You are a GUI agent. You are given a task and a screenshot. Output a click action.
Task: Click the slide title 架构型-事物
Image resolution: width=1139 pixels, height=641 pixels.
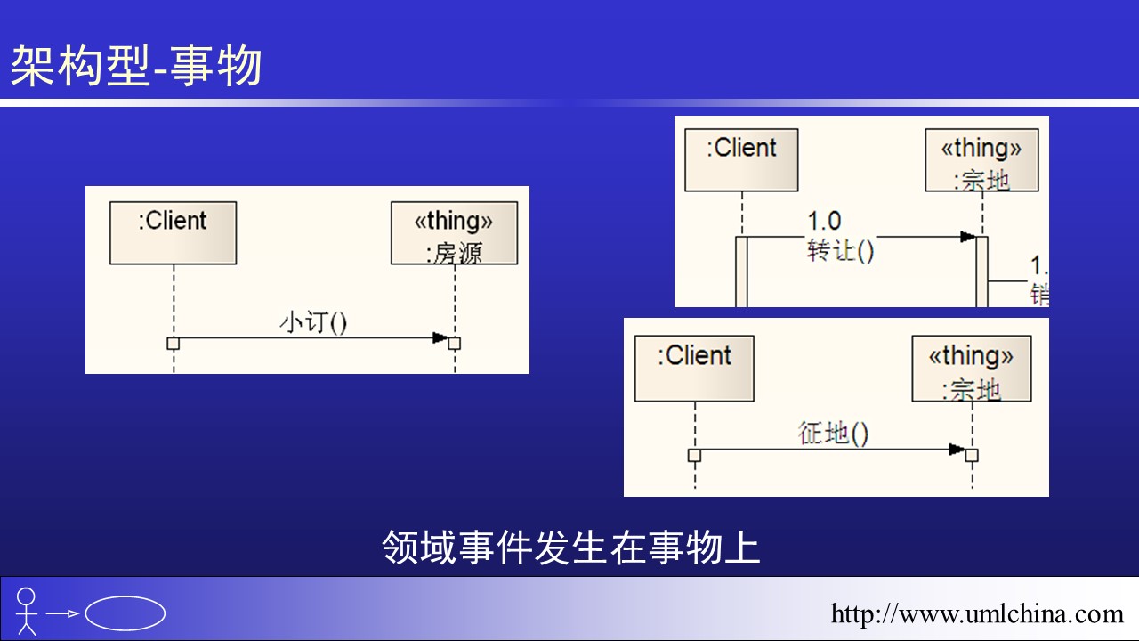click(x=136, y=67)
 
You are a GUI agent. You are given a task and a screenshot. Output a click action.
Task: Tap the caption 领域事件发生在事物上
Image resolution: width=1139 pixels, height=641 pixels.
click(x=570, y=548)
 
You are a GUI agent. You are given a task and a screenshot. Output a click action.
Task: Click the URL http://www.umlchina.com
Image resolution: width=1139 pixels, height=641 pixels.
click(x=977, y=613)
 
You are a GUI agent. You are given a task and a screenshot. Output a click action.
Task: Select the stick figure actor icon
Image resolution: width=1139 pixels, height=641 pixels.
click(x=27, y=611)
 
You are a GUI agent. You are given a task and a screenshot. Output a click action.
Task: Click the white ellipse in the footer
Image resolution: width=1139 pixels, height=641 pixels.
click(x=125, y=613)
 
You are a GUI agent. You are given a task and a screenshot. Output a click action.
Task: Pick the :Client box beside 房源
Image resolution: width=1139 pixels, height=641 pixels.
click(x=173, y=232)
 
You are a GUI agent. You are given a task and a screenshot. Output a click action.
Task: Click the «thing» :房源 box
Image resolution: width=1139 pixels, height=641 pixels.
click(x=454, y=233)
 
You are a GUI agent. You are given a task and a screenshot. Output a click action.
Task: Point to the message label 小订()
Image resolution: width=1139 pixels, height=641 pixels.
click(x=313, y=321)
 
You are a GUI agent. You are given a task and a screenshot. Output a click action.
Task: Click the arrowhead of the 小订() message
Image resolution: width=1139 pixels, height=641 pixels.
click(x=440, y=337)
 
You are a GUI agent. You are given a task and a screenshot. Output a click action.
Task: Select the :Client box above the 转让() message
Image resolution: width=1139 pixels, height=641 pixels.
click(x=741, y=159)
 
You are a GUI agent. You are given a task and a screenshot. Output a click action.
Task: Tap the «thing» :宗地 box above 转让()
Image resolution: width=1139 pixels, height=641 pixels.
click(x=981, y=159)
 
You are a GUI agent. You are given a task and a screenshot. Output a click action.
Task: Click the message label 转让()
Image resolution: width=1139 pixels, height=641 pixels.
click(x=840, y=252)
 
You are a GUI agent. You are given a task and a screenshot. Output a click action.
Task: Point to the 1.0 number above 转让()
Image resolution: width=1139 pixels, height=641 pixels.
click(x=824, y=220)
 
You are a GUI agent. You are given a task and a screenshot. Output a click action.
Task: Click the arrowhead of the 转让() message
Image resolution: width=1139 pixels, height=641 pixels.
click(x=967, y=237)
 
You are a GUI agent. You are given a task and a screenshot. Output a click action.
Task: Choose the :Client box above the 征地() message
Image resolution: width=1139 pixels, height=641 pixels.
click(x=694, y=368)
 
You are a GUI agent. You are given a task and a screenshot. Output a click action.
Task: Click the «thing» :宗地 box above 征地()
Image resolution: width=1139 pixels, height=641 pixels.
click(x=971, y=368)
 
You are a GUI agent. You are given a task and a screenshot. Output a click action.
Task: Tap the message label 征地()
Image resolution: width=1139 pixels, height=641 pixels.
click(x=833, y=434)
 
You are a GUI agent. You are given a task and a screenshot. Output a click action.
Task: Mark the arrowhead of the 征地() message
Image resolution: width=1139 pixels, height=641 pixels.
click(x=957, y=450)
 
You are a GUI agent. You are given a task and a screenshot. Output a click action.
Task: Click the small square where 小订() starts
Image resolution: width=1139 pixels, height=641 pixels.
click(x=174, y=344)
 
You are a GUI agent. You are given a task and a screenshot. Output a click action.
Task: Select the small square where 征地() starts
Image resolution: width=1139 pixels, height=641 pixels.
click(x=695, y=455)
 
